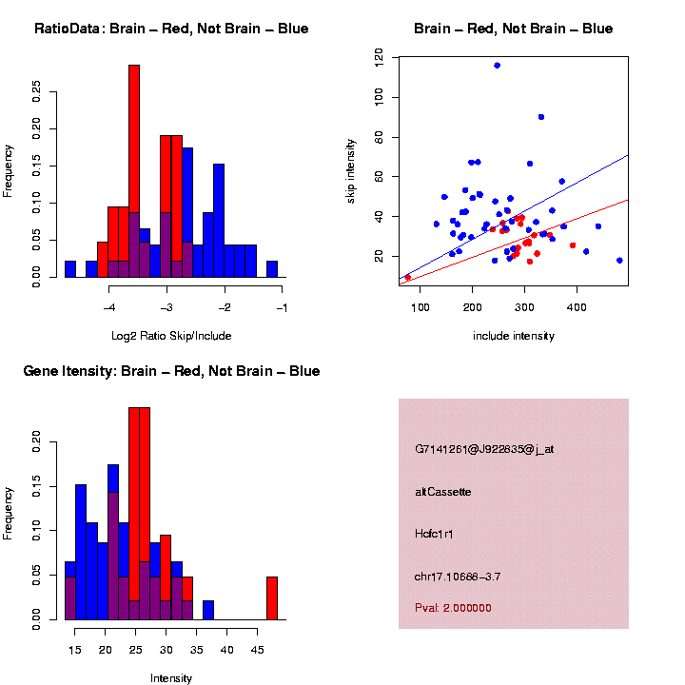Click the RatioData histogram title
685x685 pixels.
pos(171,29)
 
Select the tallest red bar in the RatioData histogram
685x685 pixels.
pos(134,171)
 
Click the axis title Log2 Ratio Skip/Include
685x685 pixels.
pos(171,336)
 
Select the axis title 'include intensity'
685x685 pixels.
pos(514,336)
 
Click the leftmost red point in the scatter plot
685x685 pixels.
pos(408,278)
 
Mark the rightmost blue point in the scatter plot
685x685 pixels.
pos(619,260)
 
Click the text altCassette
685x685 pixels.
pos(443,492)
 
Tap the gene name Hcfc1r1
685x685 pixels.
pos(434,534)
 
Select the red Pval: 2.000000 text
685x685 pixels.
pos(453,607)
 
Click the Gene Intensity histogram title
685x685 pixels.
pos(171,371)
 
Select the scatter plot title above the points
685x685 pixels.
pos(514,29)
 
